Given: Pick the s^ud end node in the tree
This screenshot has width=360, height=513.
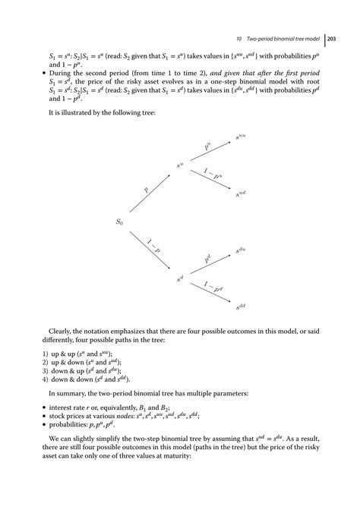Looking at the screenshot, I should coord(241,194).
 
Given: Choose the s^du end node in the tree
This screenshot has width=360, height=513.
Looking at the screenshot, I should coord(241,250).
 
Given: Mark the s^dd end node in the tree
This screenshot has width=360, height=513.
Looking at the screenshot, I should coord(241,306).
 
